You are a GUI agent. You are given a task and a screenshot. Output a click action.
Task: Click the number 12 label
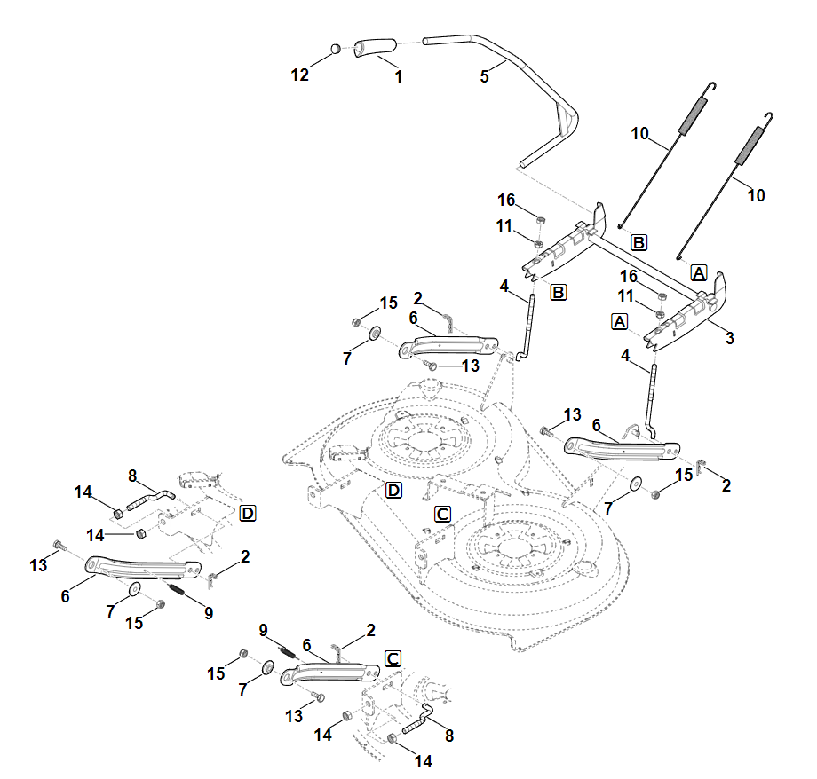(300, 75)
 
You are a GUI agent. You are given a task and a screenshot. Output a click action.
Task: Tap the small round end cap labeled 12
(335, 49)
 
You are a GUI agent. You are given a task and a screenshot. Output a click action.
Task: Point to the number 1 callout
(398, 77)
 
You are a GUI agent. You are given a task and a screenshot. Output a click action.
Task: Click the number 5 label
(484, 76)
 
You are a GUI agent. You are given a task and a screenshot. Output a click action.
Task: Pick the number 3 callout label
(729, 338)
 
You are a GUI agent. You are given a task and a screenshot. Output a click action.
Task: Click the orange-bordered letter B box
(638, 241)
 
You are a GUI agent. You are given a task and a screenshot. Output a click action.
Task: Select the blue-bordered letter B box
(558, 291)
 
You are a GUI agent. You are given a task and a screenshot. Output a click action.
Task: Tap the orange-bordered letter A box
(619, 320)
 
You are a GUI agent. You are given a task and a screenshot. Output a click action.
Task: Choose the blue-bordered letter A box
(698, 273)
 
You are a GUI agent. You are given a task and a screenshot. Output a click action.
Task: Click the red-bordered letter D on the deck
(394, 491)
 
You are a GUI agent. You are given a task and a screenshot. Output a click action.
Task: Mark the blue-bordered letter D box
(248, 513)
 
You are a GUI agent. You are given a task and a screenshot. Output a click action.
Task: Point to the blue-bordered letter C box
(393, 658)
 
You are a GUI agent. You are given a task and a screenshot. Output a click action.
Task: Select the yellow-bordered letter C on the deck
(442, 514)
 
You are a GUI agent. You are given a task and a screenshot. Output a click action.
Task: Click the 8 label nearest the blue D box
(131, 476)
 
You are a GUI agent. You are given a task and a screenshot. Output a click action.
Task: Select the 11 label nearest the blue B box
(504, 226)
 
